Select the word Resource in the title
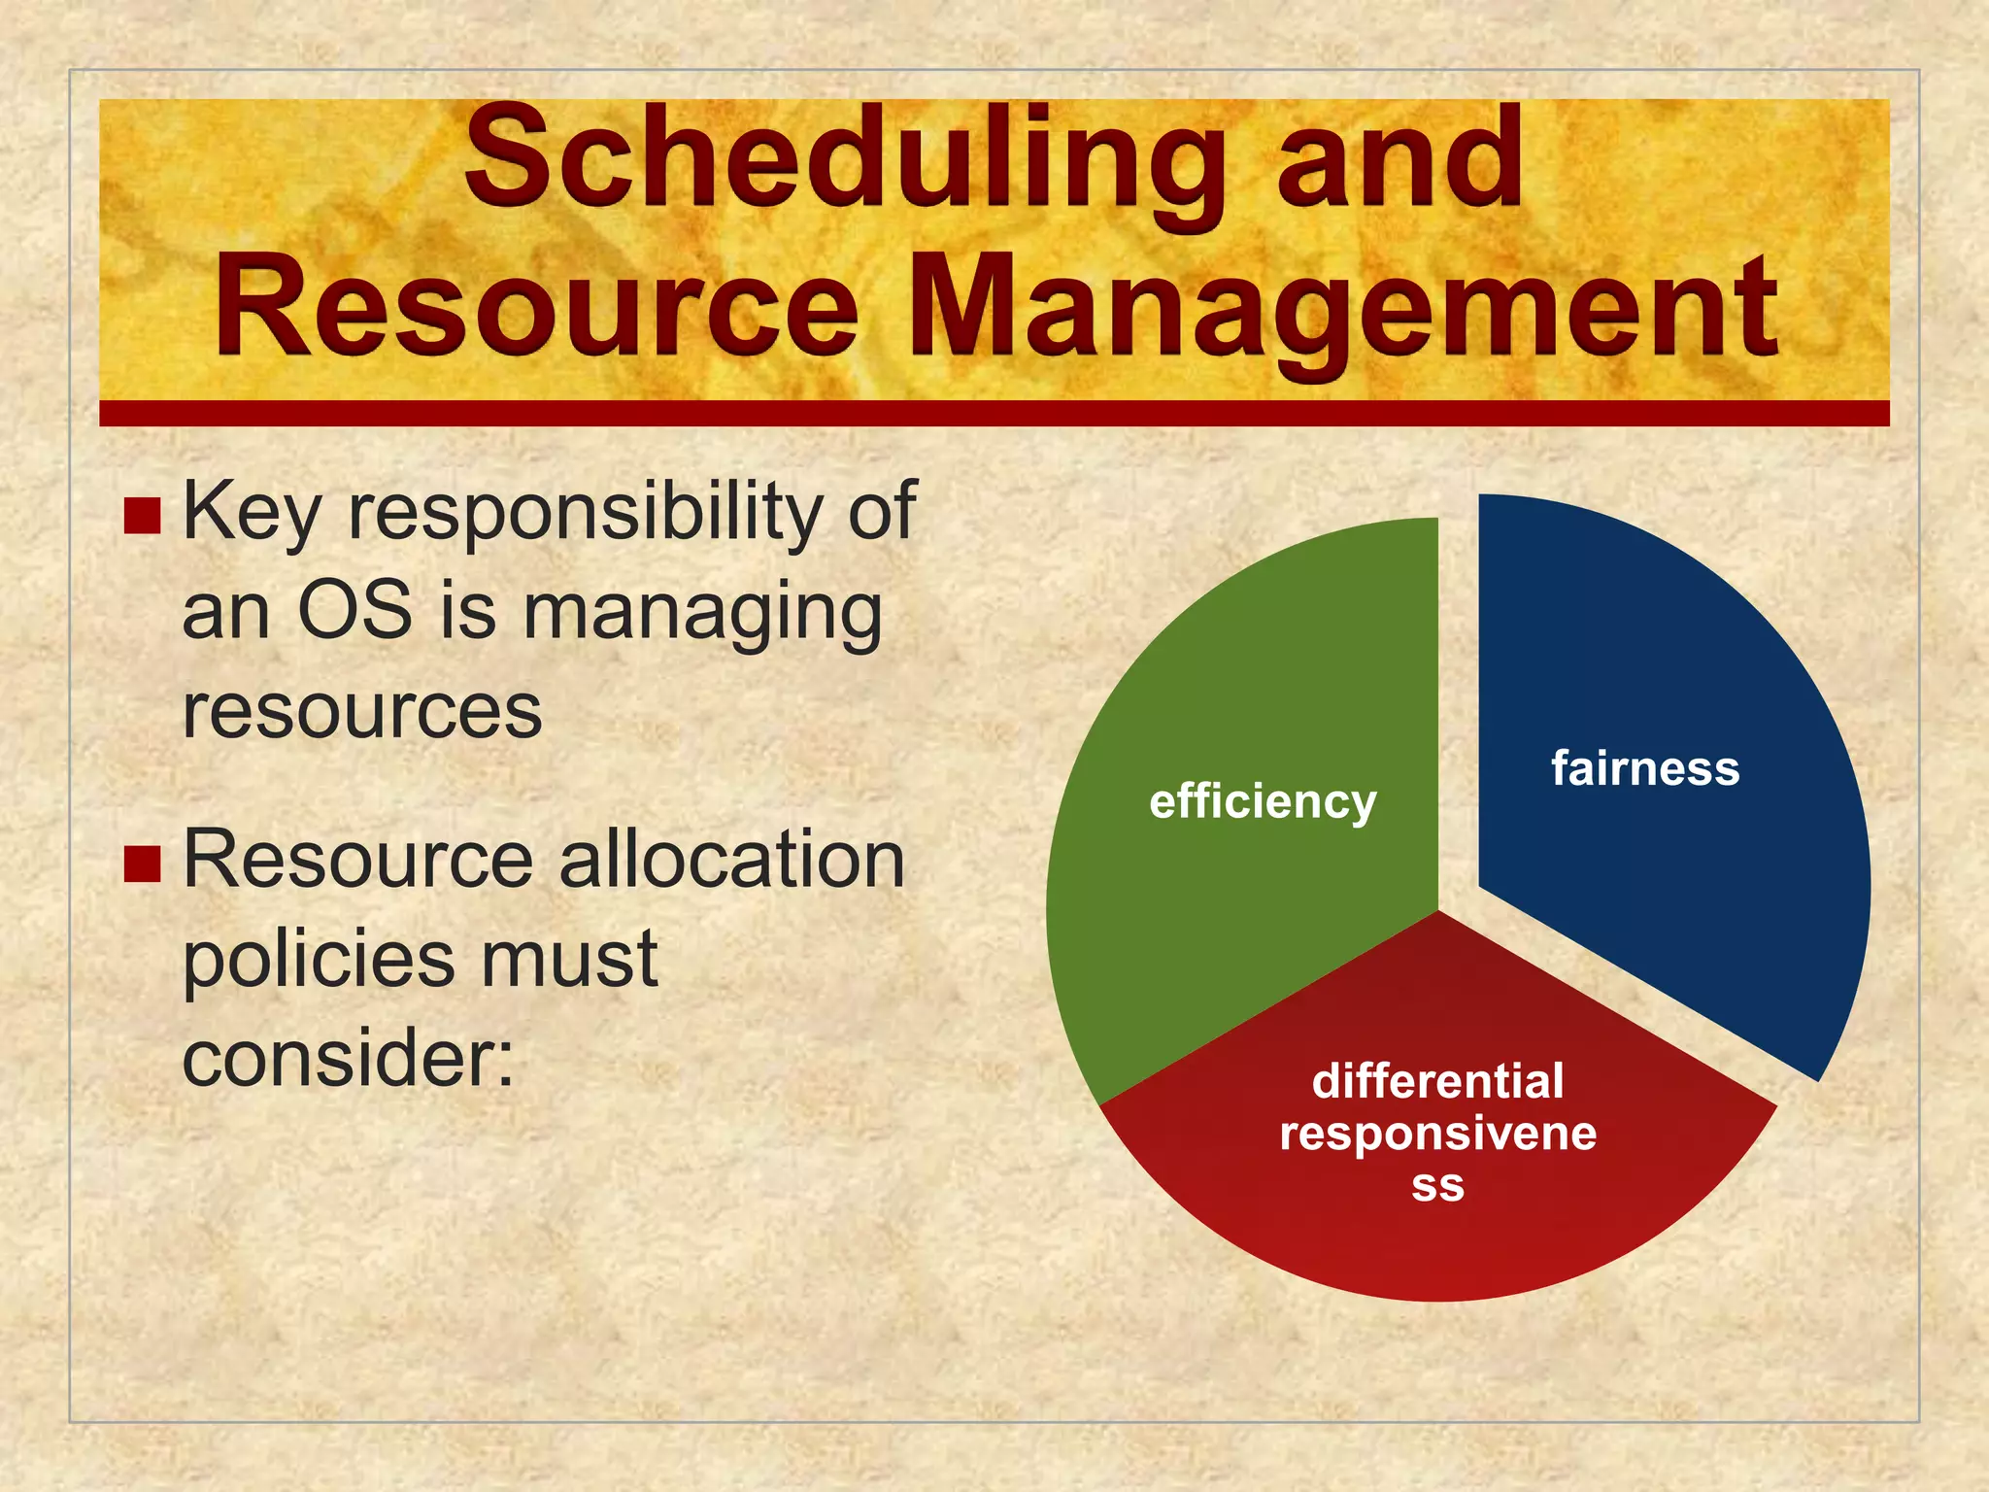click(x=537, y=306)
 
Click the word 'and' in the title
click(x=1399, y=160)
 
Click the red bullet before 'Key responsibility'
click(x=142, y=517)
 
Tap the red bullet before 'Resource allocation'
click(x=142, y=864)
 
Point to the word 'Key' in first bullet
click(x=251, y=513)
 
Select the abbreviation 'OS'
click(x=354, y=612)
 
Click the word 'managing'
click(x=702, y=615)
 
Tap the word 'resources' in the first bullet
click(x=361, y=712)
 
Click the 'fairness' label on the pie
click(x=1644, y=768)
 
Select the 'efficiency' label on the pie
click(x=1263, y=802)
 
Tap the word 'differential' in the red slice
click(x=1437, y=1081)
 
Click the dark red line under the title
click(x=994, y=414)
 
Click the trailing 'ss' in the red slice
click(x=1437, y=1185)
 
